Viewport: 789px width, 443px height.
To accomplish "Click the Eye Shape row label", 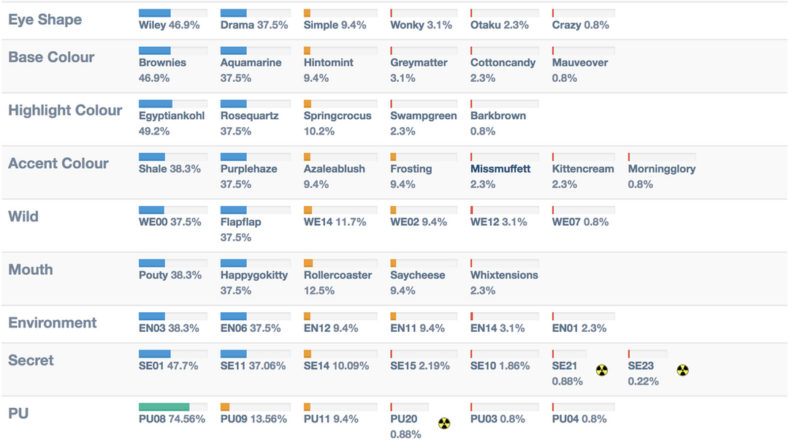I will (45, 20).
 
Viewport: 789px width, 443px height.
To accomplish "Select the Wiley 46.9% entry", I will (169, 25).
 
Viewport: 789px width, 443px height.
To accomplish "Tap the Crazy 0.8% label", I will (581, 25).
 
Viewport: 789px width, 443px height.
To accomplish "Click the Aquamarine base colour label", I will (251, 63).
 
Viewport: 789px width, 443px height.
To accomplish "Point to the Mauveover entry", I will (580, 63).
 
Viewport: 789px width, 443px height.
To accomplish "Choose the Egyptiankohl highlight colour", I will (172, 116).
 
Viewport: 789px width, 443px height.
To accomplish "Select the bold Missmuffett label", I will (500, 169).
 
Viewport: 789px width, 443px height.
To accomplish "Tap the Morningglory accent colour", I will (662, 169).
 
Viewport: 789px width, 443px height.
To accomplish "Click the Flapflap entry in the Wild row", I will (240, 222).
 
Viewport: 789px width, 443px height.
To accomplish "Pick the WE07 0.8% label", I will (580, 222).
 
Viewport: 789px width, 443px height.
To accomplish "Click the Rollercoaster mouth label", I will (338, 276).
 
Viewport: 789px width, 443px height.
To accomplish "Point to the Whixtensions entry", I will (504, 276).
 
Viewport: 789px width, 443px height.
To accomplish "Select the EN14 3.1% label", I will (498, 328).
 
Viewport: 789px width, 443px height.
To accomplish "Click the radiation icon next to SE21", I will (601, 370).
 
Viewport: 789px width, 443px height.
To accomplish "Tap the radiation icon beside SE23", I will (683, 370).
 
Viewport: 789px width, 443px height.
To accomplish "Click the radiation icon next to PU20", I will (444, 423).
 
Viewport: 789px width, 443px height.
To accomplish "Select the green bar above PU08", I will (164, 406).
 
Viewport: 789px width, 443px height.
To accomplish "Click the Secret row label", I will (31, 360).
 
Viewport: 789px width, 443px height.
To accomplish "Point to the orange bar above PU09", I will (225, 406).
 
